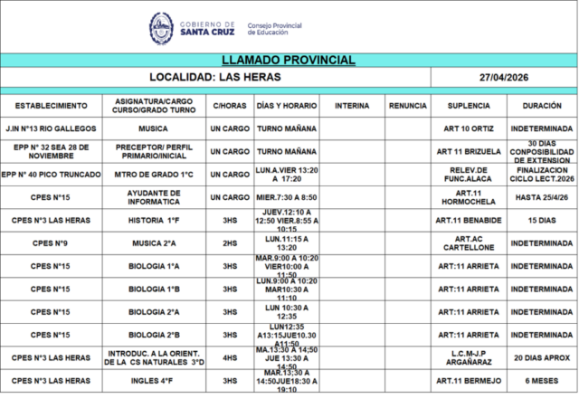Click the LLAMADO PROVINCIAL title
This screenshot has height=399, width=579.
click(289, 60)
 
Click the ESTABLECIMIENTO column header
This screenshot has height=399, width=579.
click(52, 106)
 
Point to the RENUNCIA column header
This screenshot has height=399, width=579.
click(407, 106)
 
